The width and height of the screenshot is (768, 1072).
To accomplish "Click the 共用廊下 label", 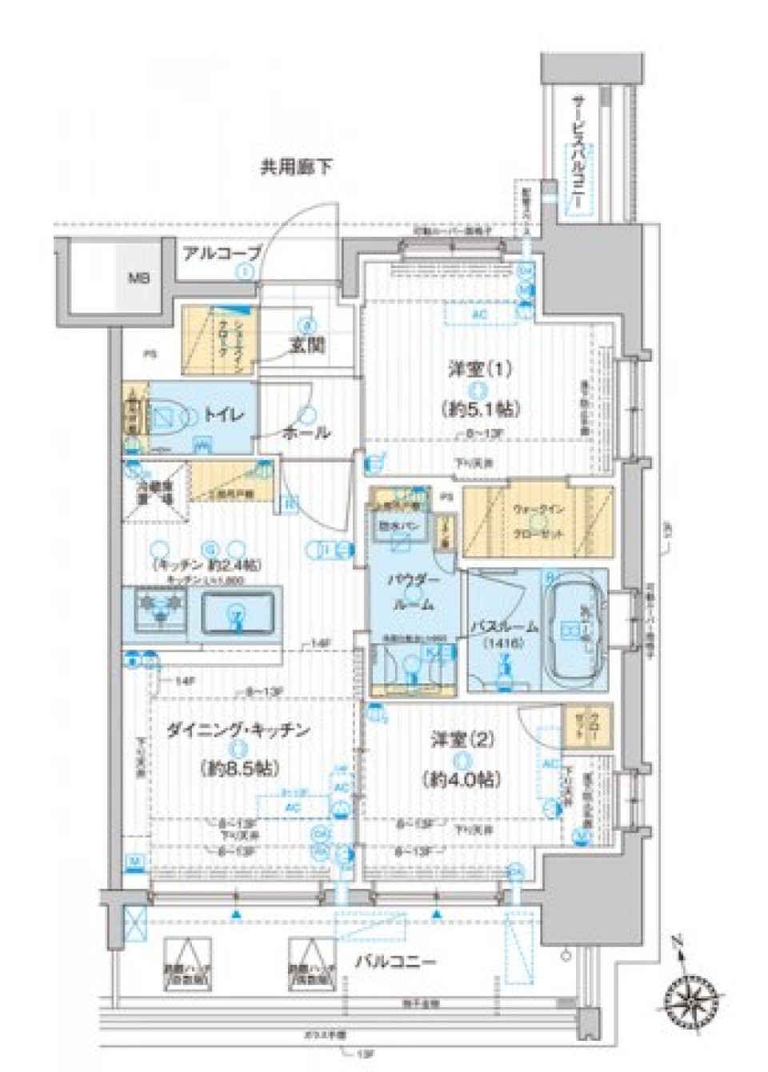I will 296,167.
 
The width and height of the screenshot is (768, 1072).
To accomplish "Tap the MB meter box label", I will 141,279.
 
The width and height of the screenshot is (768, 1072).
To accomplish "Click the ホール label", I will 306,433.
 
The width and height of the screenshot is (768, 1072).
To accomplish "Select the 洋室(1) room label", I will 479,370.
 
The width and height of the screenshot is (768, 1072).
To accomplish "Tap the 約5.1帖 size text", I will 479,409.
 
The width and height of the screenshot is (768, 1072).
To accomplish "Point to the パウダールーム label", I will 414,592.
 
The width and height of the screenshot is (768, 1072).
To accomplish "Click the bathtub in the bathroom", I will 573,632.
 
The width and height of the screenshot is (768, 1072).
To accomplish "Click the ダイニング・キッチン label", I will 238,730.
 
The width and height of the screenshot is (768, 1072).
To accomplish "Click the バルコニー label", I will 397,961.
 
